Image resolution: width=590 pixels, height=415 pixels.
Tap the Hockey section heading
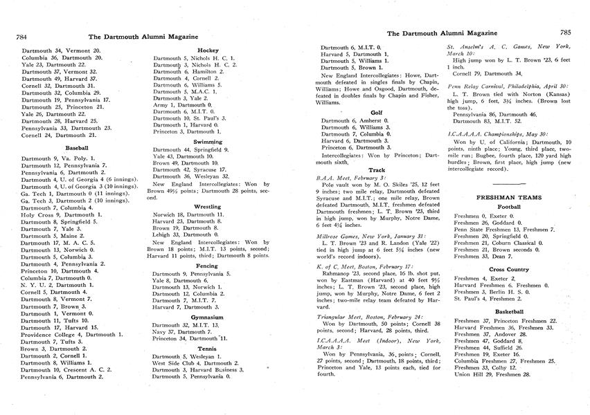[x=208, y=50]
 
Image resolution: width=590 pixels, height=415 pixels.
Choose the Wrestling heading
[x=208, y=206]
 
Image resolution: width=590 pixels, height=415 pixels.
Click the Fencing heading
[x=208, y=265]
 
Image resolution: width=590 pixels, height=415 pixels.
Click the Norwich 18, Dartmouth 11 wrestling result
[x=188, y=215]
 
